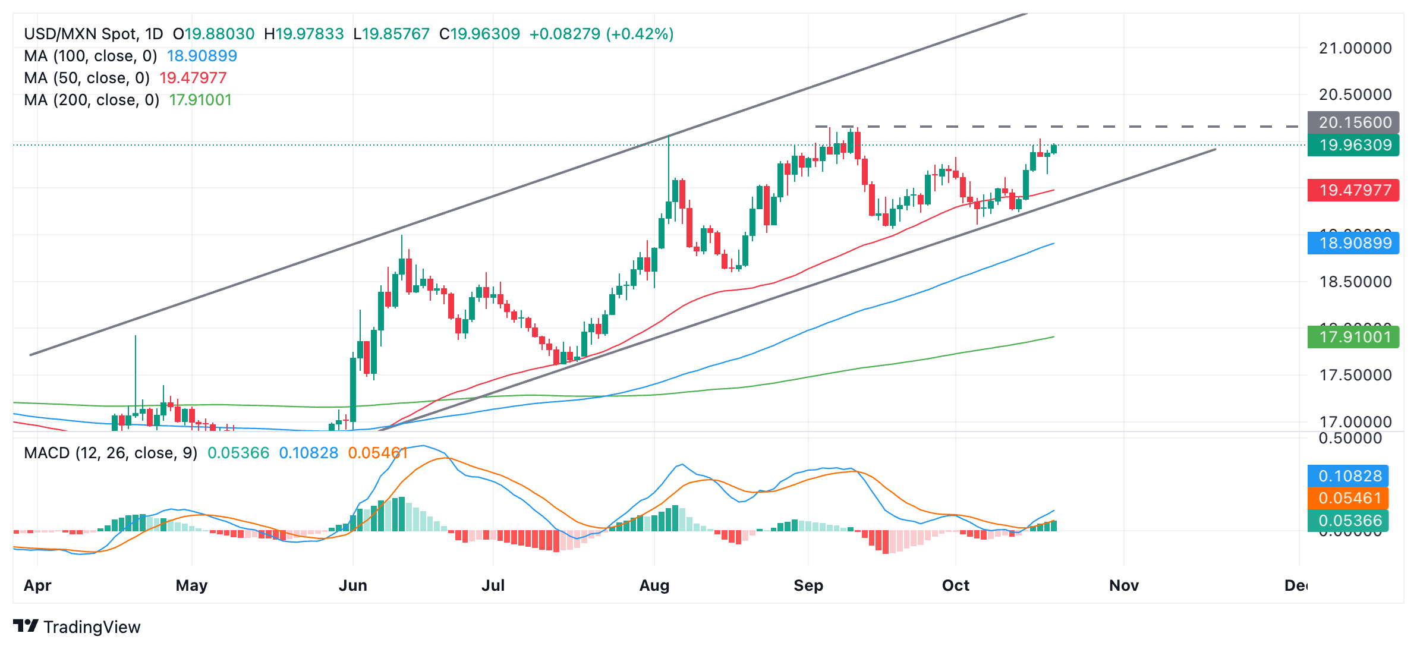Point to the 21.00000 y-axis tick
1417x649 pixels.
click(x=1355, y=48)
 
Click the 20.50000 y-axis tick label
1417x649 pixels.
click(x=1355, y=94)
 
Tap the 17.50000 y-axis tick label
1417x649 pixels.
click(x=1355, y=375)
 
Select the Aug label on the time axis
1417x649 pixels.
click(x=654, y=585)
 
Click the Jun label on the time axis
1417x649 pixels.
click(x=352, y=585)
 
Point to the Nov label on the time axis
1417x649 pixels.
click(x=1124, y=585)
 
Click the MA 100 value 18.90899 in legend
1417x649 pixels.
click(x=202, y=56)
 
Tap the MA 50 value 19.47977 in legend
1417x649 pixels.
click(x=193, y=78)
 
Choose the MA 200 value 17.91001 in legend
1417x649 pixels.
click(x=200, y=100)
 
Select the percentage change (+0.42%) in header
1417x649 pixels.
click(x=640, y=34)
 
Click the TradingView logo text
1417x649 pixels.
click(x=92, y=627)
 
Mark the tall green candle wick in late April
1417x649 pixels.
click(x=136, y=368)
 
